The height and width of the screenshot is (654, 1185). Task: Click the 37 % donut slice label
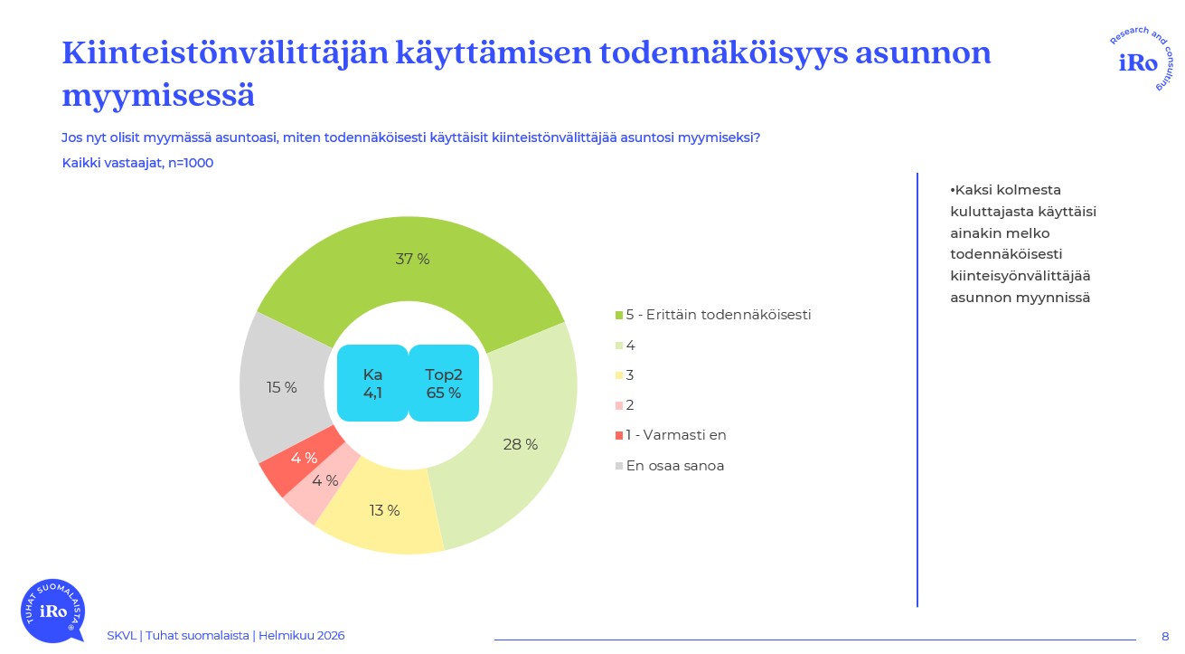coord(412,260)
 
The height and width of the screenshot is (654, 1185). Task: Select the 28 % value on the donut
coord(520,445)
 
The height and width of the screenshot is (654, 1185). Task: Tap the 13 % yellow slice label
coord(384,511)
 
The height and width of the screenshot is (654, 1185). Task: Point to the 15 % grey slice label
coord(282,388)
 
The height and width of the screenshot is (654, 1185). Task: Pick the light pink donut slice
coord(312,493)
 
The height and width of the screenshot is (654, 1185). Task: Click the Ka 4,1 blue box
coord(372,384)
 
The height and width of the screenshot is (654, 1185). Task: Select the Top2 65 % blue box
coord(444,384)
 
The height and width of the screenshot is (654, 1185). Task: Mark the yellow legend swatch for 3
coord(619,375)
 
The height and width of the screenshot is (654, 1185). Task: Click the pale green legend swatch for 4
coord(619,346)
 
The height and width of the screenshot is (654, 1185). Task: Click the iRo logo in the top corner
coord(1137,61)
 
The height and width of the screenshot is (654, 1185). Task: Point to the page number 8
coord(1165,636)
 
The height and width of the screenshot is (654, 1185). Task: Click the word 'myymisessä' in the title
coord(158,95)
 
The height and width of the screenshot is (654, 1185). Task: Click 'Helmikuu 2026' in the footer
coord(301,636)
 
